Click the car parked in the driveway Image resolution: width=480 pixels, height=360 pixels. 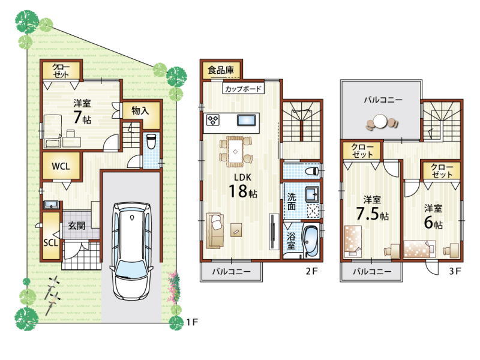(131, 251)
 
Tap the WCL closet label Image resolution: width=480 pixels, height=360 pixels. (61, 166)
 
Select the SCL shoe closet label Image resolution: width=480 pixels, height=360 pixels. (50, 243)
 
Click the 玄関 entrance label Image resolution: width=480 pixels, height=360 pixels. (77, 226)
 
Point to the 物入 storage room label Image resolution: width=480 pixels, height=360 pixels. (140, 110)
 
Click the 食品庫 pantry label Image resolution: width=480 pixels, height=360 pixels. (221, 70)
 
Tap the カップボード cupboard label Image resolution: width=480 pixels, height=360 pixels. (243, 89)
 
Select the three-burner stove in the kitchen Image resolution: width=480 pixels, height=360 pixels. (213, 120)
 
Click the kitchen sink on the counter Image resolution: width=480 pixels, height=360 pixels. (247, 120)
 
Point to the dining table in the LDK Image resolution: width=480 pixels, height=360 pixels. (235, 151)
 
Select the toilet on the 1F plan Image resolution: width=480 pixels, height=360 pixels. (151, 142)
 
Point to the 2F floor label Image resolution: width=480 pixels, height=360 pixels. (312, 271)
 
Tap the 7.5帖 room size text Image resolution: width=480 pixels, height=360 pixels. (372, 214)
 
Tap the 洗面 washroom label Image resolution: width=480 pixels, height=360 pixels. (292, 202)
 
